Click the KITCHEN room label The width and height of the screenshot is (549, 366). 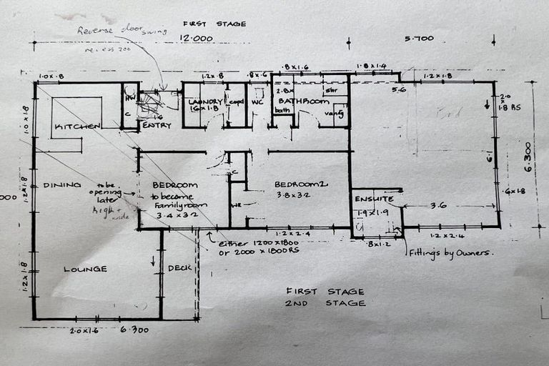77,126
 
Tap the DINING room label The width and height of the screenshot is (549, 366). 62,184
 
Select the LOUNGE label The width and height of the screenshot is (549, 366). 85,269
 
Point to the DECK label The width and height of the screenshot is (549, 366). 179,269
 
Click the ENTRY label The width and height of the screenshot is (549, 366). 157,125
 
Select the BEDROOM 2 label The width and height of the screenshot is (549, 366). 301,184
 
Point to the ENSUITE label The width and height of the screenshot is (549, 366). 375,199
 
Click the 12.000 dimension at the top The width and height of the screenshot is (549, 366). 196,39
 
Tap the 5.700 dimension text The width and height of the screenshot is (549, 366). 419,39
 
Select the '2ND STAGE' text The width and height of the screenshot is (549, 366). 325,303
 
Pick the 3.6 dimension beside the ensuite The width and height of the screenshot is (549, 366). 439,205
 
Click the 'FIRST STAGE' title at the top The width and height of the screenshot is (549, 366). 214,24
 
